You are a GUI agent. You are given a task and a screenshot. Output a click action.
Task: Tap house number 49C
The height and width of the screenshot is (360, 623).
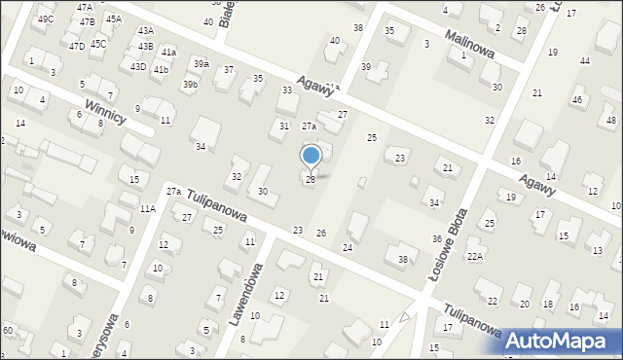pos(46,19)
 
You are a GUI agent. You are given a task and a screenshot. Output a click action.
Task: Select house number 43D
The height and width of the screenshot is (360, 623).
pos(138,66)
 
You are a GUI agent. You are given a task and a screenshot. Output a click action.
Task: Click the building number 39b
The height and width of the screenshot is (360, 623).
pos(190,85)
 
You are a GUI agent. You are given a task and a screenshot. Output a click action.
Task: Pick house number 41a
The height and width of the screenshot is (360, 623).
pos(169,52)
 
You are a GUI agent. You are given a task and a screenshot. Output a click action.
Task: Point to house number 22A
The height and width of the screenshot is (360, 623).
pos(474,256)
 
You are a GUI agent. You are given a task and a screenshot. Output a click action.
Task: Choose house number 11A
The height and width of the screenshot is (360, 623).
pos(147,208)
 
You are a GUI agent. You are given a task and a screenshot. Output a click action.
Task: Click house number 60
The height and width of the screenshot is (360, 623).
pos(7,332)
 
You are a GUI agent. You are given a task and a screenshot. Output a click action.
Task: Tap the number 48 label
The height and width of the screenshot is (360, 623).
pos(610,120)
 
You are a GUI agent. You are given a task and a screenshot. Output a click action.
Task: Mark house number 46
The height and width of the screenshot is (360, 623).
pos(577,100)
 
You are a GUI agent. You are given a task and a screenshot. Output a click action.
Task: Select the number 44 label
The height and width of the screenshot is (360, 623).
pos(584,60)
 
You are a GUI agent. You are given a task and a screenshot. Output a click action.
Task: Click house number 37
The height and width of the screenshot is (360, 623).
pos(229,70)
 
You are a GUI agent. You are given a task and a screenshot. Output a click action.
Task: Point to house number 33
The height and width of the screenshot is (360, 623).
pos(287,90)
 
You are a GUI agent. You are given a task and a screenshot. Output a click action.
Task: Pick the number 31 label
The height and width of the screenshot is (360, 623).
pos(284,126)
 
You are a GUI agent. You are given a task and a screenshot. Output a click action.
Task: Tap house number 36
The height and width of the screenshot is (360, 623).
pos(437,239)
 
